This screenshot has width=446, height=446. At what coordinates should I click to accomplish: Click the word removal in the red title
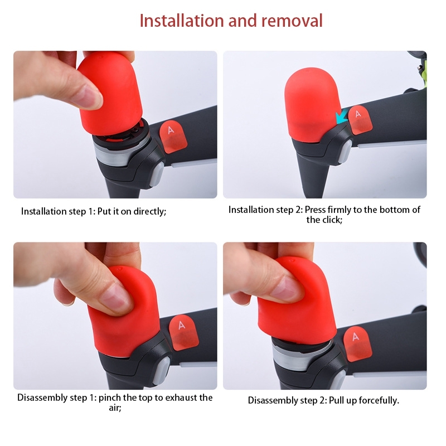(292, 21)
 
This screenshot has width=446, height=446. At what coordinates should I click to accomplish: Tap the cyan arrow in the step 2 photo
(342, 118)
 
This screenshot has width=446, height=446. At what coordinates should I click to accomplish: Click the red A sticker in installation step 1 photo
(173, 136)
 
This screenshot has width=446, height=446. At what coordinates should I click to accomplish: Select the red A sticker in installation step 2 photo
(360, 119)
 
